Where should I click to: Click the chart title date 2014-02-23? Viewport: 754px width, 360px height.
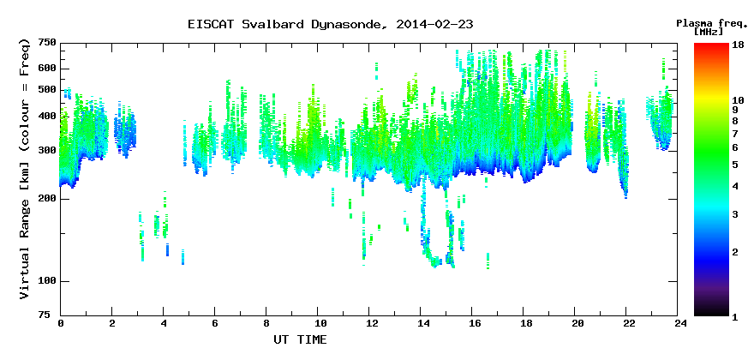[x=434, y=25]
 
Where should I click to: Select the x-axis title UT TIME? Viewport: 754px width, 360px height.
[x=300, y=339]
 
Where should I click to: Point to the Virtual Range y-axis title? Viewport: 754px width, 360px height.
[x=25, y=169]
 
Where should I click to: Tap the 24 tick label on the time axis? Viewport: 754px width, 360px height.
[x=678, y=323]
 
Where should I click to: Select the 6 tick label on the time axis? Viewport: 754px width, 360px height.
[x=215, y=323]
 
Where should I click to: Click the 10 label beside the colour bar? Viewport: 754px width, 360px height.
[x=738, y=100]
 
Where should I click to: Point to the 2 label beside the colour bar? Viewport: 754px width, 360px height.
[x=735, y=252]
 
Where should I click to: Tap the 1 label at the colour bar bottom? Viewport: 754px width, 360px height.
[x=735, y=317]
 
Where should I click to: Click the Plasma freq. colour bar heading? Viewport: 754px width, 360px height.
[x=709, y=23]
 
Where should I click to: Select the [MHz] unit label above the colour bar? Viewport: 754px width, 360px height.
[x=709, y=32]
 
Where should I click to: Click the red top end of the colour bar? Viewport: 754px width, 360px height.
[x=712, y=45]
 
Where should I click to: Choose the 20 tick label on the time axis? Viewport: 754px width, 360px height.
[x=575, y=323]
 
